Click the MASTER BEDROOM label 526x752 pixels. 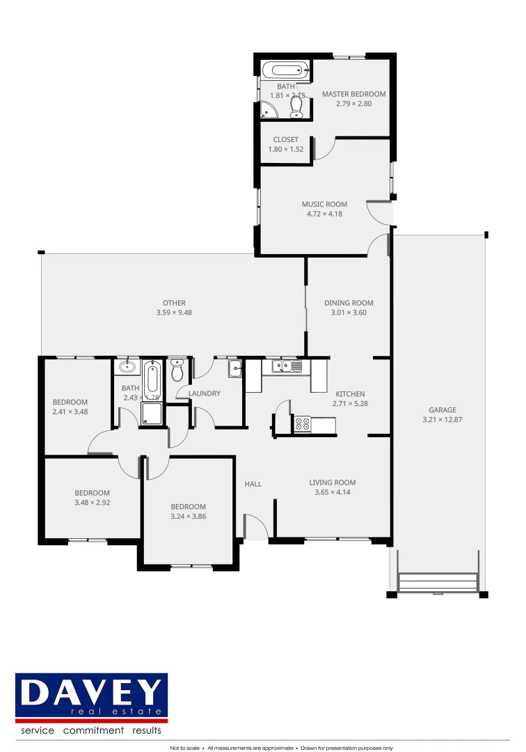click(x=353, y=94)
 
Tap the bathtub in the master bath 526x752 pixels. click(x=285, y=70)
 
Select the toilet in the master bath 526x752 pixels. click(x=296, y=105)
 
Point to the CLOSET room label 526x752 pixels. click(x=285, y=140)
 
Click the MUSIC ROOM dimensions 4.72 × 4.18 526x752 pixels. click(x=324, y=214)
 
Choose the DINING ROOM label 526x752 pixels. click(x=349, y=303)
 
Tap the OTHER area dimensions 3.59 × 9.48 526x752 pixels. click(x=174, y=313)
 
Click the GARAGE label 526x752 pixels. click(x=442, y=410)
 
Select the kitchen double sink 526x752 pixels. click(x=287, y=366)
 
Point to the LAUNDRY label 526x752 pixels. click(x=205, y=393)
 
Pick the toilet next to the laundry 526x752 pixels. click(x=177, y=372)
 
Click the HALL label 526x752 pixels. click(x=253, y=484)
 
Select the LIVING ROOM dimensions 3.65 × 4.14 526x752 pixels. click(x=333, y=492)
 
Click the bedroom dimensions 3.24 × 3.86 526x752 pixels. click(x=188, y=517)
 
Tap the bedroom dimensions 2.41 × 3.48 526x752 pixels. click(x=70, y=412)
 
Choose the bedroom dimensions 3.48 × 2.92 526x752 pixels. click(x=92, y=503)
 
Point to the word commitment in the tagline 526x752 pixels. click(x=93, y=730)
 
